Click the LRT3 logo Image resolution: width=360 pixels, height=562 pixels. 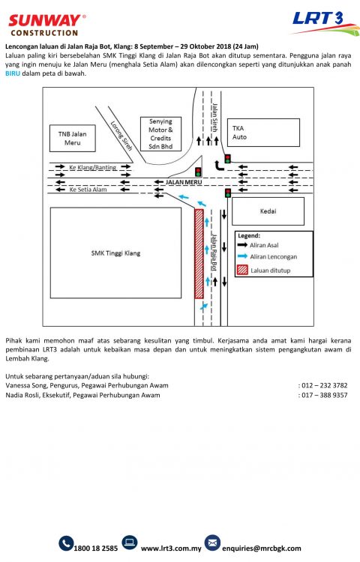325,23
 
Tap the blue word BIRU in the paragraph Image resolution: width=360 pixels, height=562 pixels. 13,73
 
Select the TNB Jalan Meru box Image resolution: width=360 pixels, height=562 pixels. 73,139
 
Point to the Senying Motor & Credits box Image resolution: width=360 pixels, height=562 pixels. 160,133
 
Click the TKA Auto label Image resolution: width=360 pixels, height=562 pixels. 239,133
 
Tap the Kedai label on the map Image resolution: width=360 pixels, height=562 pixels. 268,211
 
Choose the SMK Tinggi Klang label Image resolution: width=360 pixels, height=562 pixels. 115,253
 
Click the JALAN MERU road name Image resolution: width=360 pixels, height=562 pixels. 184,182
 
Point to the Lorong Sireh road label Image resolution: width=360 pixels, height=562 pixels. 121,136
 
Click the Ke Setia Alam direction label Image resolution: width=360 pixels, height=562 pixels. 88,190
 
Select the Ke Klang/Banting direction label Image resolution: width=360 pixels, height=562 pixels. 93,167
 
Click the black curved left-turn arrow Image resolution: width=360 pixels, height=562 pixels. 219,166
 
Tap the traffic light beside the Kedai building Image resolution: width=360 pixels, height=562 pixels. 228,193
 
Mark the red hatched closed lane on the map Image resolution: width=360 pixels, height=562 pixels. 199,254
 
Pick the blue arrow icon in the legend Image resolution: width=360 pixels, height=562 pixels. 243,256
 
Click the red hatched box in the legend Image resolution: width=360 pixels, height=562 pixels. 242,270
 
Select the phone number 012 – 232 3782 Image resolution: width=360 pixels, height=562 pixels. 325,386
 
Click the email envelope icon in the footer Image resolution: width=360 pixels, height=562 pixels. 212,543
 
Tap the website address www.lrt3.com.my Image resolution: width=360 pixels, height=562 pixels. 171,549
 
